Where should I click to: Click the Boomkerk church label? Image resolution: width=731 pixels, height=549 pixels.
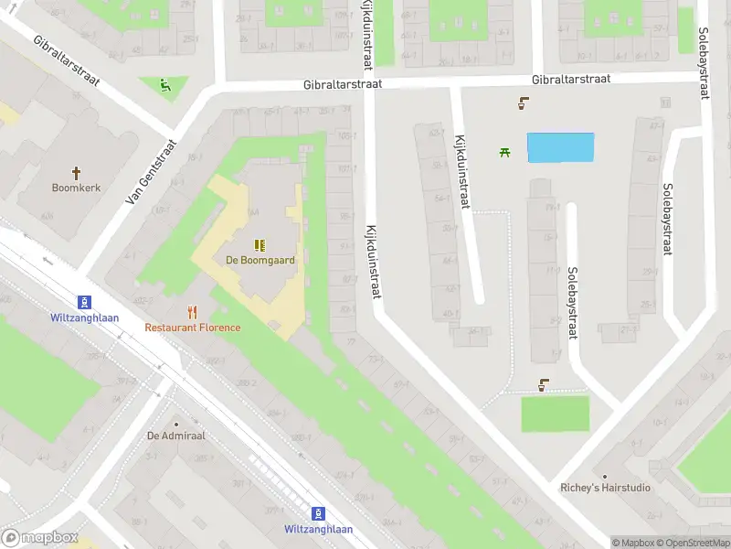77,188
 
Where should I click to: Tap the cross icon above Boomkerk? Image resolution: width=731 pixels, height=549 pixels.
77,171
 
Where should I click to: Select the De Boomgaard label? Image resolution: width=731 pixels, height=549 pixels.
260,260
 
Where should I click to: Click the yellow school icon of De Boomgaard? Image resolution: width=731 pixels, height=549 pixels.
260,244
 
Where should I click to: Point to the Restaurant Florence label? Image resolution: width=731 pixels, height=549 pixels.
193,328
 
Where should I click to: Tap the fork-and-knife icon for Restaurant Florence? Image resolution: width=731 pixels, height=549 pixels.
192,312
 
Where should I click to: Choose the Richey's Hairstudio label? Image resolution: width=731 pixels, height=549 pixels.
605,488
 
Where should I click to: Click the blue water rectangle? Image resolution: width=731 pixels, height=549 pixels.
561,147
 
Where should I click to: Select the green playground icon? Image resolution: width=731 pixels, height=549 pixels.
164,87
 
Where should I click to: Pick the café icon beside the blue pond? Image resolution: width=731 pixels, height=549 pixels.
523,103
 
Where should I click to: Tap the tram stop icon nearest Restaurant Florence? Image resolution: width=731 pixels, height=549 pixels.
84,302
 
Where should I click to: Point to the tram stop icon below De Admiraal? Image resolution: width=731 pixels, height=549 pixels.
318,514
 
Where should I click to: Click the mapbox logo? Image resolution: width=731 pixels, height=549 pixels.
40,538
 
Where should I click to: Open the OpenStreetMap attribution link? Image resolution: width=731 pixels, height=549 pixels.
692,543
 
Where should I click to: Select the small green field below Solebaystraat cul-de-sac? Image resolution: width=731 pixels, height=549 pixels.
555,414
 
